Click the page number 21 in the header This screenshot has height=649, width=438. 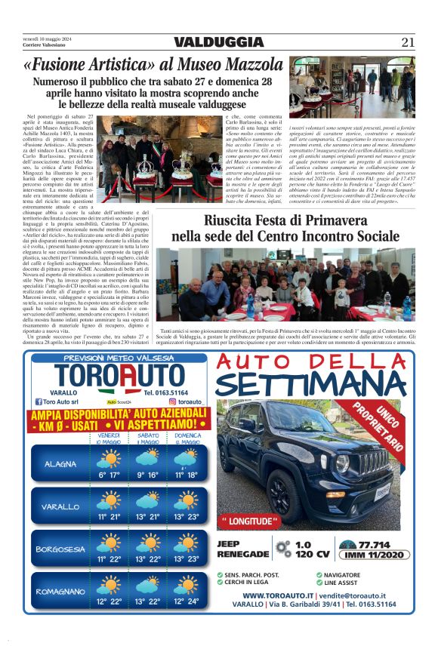click(409, 42)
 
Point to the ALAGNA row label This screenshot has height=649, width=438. click(60, 463)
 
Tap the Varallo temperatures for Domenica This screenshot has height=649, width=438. click(187, 517)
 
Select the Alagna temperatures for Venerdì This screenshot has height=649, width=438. click(109, 475)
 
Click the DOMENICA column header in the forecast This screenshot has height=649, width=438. click(187, 438)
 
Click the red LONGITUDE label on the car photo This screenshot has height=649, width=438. click(249, 521)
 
